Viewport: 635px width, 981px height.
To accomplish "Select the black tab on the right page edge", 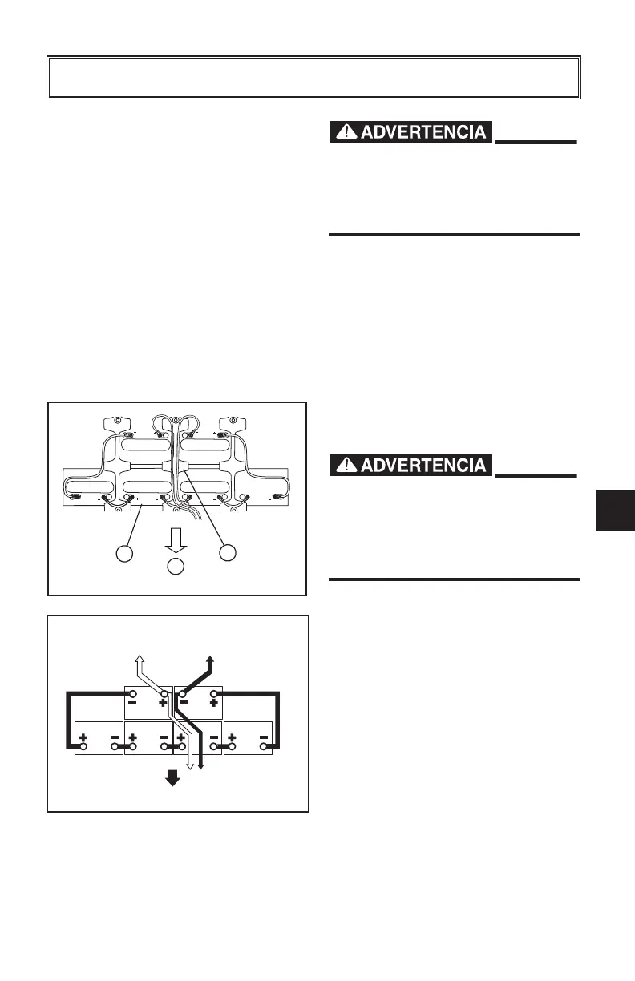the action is click(x=616, y=511).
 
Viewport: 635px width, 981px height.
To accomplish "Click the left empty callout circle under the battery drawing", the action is click(x=123, y=553).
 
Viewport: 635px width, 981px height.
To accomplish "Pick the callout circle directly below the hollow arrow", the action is click(x=176, y=567).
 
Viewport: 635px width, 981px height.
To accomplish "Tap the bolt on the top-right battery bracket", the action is click(x=236, y=419).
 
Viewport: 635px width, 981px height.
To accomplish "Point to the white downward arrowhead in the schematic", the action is click(x=189, y=765).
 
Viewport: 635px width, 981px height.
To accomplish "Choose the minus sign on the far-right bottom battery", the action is click(x=264, y=736).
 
